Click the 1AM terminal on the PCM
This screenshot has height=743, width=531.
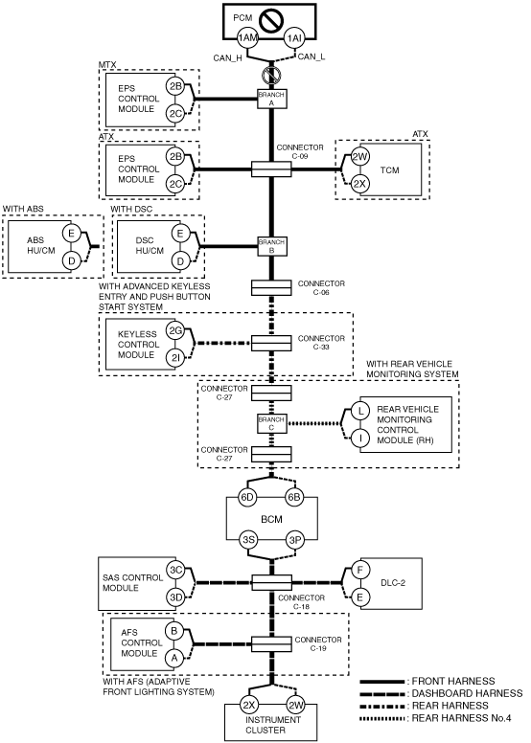pyautogui.click(x=246, y=38)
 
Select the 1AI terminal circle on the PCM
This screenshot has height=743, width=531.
pyautogui.click(x=294, y=38)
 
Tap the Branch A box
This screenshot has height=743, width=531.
pyautogui.click(x=271, y=99)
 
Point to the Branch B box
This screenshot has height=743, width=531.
pyautogui.click(x=271, y=246)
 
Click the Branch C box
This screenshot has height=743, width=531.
pyautogui.click(x=271, y=423)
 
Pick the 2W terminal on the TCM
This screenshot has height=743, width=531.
pyautogui.click(x=359, y=157)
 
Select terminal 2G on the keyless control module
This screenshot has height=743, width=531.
pyautogui.click(x=175, y=331)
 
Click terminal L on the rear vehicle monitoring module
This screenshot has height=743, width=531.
pyautogui.click(x=360, y=411)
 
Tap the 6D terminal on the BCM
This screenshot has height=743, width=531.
pyautogui.click(x=247, y=497)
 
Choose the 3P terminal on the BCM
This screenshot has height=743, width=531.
pyautogui.click(x=294, y=540)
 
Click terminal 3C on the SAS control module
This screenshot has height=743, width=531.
pyautogui.click(x=176, y=570)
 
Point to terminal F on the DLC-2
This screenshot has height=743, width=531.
pyautogui.click(x=359, y=570)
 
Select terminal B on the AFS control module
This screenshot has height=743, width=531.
pyautogui.click(x=174, y=631)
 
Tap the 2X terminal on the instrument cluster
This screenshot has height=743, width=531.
pyautogui.click(x=248, y=706)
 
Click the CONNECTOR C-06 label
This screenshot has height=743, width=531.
pyautogui.click(x=321, y=288)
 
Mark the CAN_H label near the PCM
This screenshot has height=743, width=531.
pyautogui.click(x=228, y=57)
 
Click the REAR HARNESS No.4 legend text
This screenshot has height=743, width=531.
pyautogui.click(x=461, y=718)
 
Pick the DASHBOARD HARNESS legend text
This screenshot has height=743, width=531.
pyautogui.click(x=467, y=693)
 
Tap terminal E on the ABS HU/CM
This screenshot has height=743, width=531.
pyautogui.click(x=71, y=233)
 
